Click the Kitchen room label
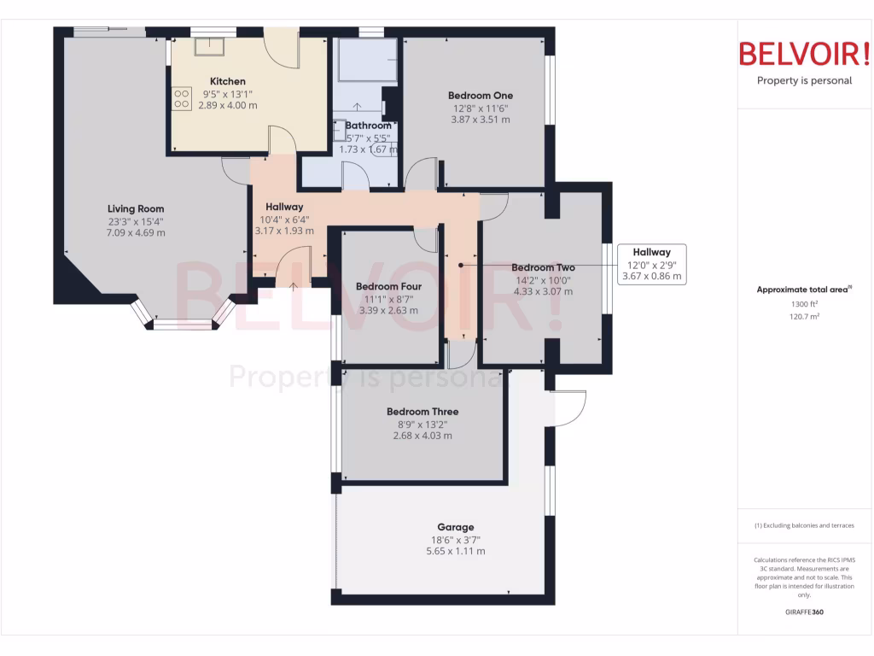[x=228, y=81]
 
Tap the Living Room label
[x=136, y=208]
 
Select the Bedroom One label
[x=481, y=96]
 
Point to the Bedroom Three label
[x=422, y=412]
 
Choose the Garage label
[x=456, y=527]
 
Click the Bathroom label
[x=369, y=126]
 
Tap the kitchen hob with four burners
[x=181, y=99]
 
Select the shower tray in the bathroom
[x=368, y=60]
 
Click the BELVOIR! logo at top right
[x=804, y=55]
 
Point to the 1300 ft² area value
[x=804, y=303]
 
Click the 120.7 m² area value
[x=804, y=316]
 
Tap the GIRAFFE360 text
[x=804, y=612]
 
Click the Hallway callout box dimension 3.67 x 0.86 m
[x=651, y=276]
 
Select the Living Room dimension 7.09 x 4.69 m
[x=136, y=232]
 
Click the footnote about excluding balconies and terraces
[x=804, y=525]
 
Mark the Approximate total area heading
[x=803, y=290]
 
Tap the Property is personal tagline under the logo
[x=804, y=81]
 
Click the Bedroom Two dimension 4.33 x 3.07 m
[x=542, y=291]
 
